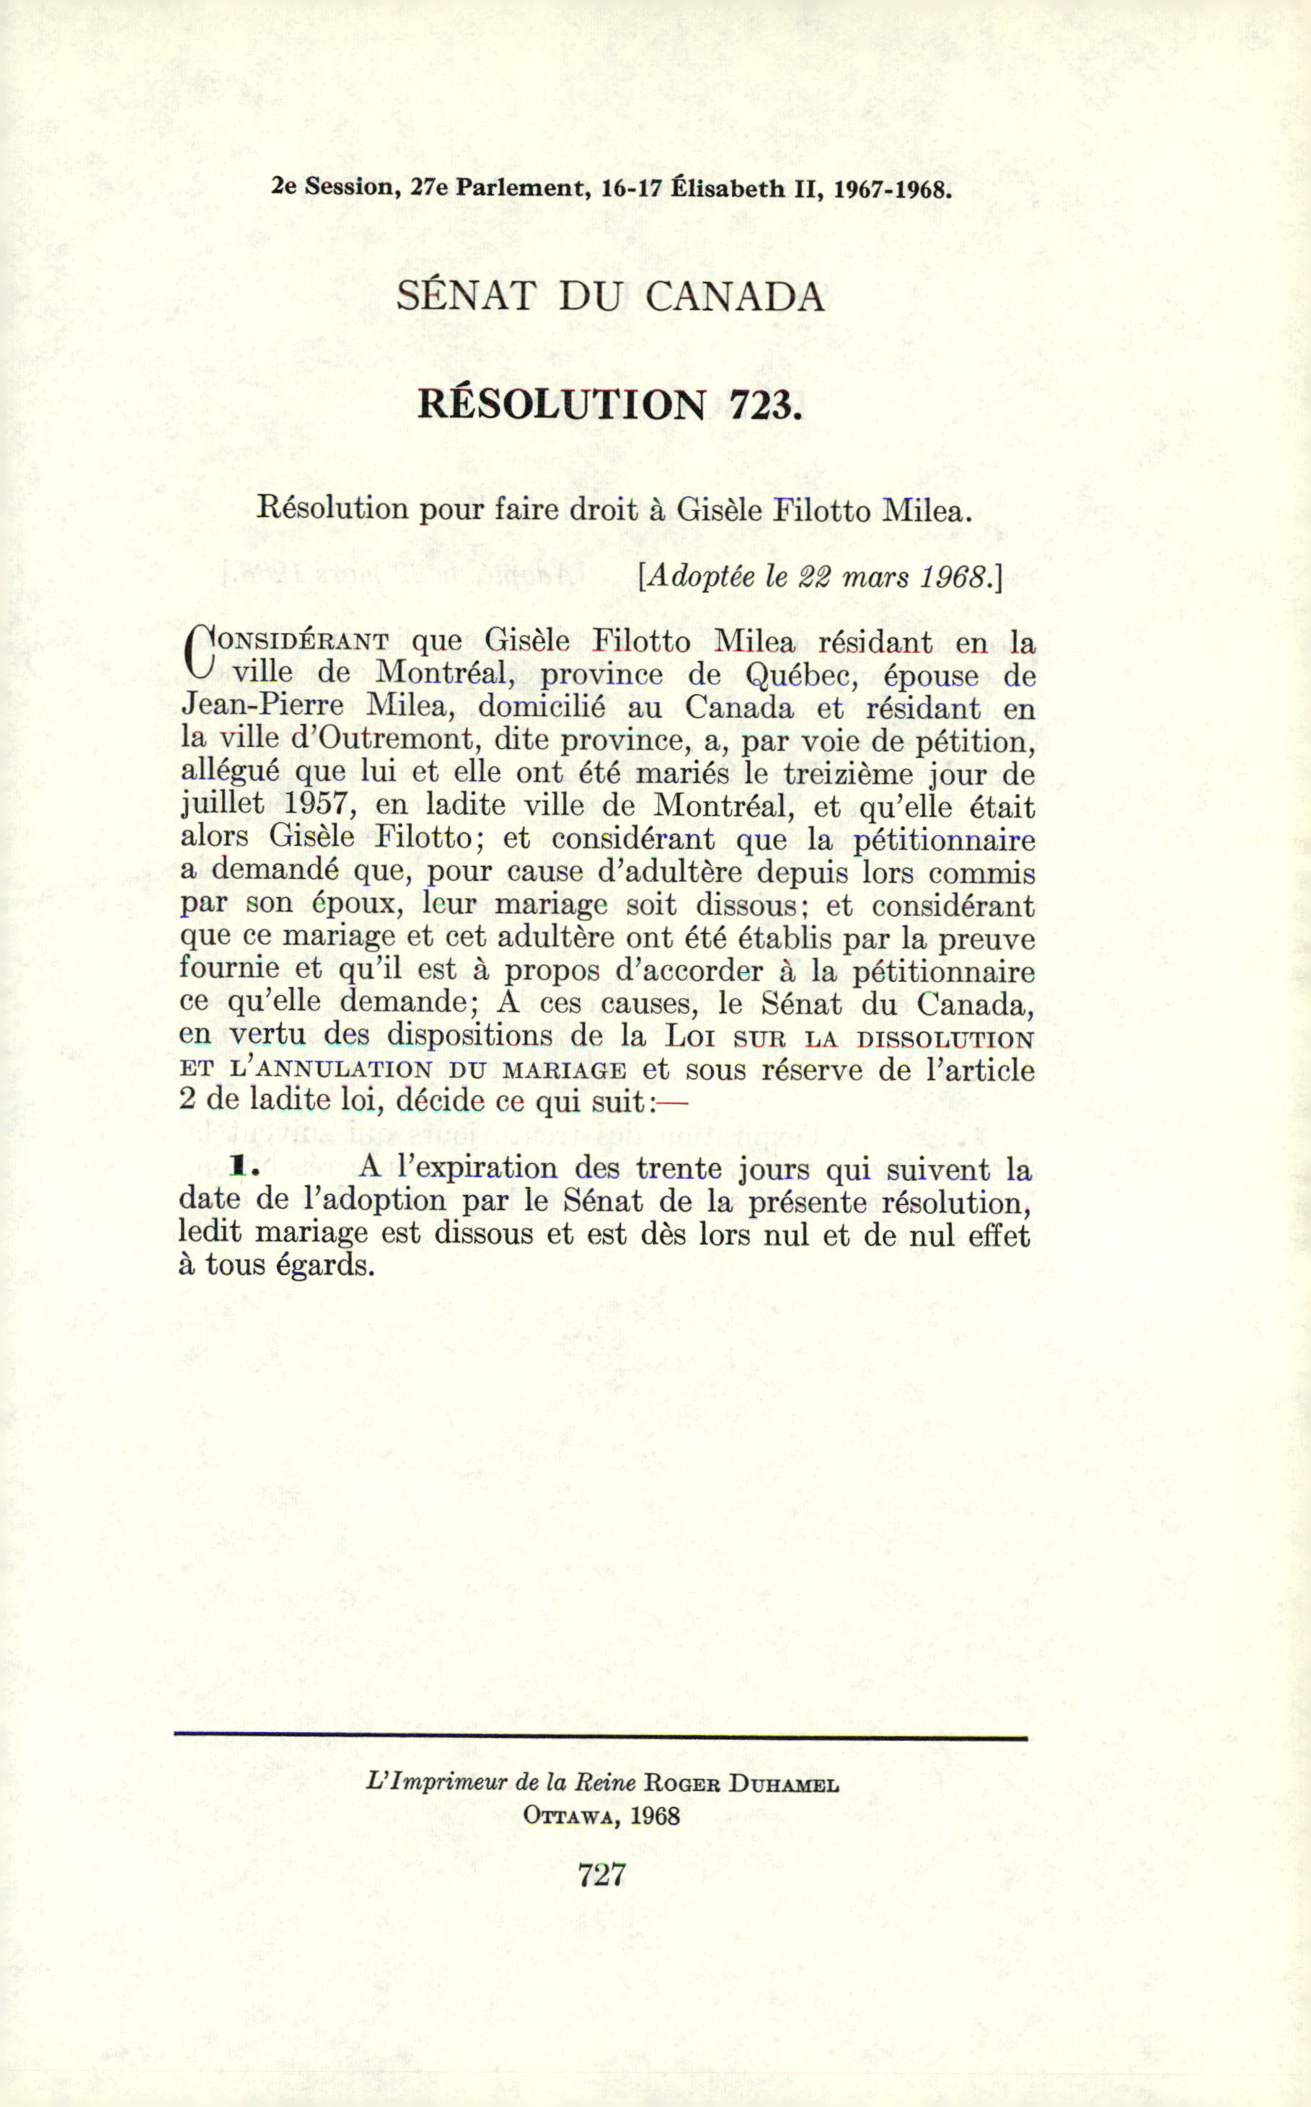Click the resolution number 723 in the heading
(x=762, y=405)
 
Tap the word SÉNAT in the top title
(x=466, y=296)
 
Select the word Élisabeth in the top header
(x=728, y=188)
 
